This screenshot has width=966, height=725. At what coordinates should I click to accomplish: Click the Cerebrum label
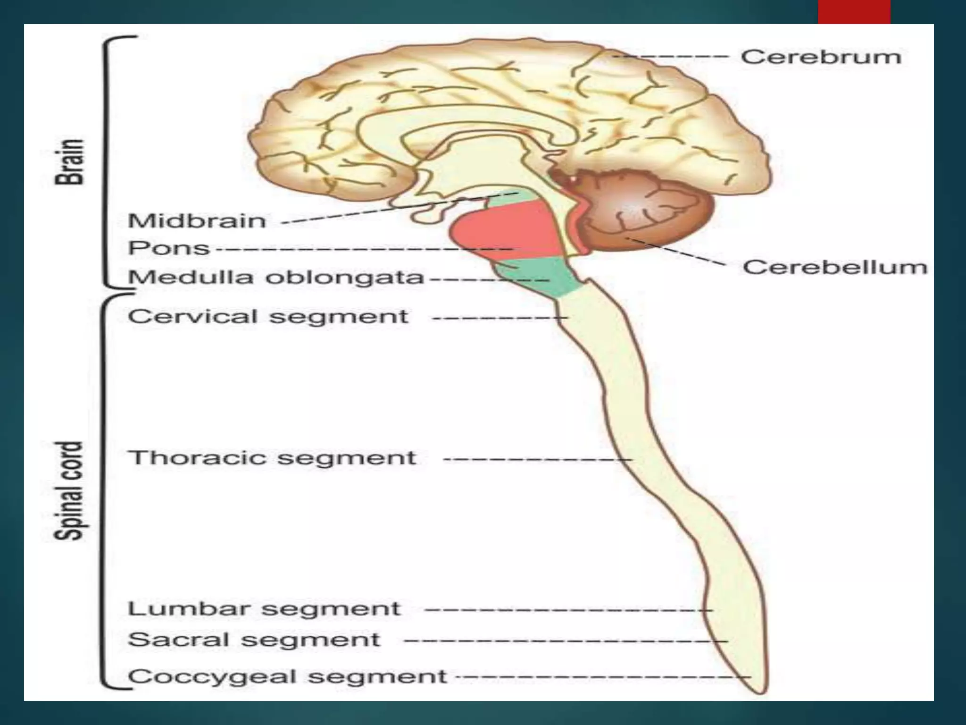(x=821, y=57)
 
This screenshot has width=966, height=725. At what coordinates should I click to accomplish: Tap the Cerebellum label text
(x=835, y=267)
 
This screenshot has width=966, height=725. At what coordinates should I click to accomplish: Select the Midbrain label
(x=197, y=221)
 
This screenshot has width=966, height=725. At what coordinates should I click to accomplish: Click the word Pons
(x=169, y=248)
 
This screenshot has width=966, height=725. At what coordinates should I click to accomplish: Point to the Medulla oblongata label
(x=276, y=278)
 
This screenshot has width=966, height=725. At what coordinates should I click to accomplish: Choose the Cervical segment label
(x=268, y=316)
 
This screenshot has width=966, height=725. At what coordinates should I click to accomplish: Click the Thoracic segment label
(x=272, y=458)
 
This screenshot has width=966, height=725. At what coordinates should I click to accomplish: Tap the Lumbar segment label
(x=264, y=609)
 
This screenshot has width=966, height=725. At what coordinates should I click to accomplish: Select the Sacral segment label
(x=254, y=640)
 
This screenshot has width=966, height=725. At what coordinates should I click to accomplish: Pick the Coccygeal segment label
(x=287, y=677)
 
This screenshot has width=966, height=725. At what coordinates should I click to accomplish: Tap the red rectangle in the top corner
(x=854, y=11)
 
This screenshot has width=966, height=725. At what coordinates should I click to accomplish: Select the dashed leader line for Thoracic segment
(x=538, y=459)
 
